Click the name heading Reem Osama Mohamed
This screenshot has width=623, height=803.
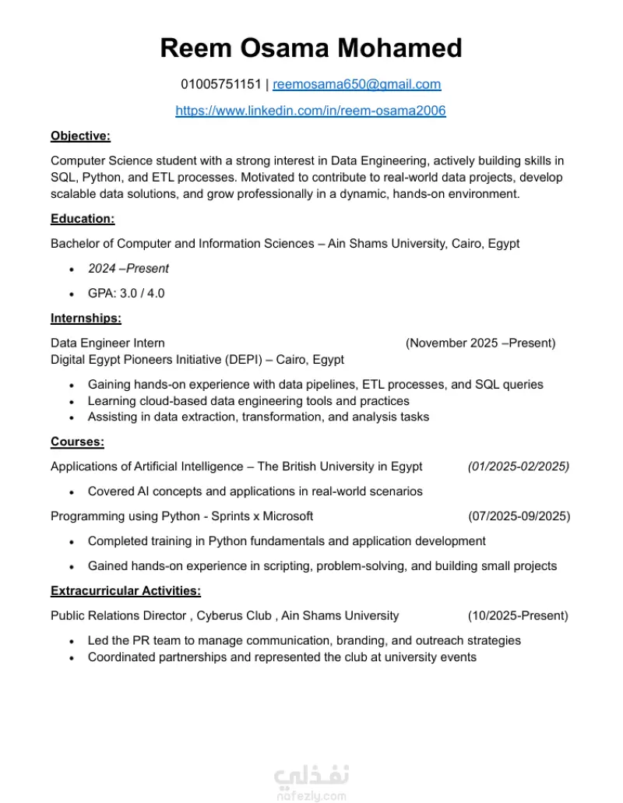[x=311, y=48]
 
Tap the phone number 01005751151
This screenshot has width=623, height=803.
[x=221, y=84]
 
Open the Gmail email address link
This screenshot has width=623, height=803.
[x=357, y=84]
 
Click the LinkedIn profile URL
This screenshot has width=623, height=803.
[x=311, y=111]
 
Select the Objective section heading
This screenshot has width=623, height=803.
[x=80, y=136]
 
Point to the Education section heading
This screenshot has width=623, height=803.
[x=83, y=219]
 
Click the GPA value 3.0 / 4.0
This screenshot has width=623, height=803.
[x=126, y=294]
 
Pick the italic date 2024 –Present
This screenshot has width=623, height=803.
[x=128, y=269]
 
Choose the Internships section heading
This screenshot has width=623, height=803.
[x=86, y=318]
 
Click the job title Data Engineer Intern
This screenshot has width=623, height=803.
[x=107, y=343]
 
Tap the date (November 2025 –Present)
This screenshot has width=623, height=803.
[x=480, y=343]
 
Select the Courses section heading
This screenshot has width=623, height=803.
[x=77, y=442]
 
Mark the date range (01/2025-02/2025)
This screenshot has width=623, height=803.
[x=519, y=467]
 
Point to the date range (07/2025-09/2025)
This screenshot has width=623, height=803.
[x=519, y=516]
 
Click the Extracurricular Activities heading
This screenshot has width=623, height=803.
[x=125, y=590]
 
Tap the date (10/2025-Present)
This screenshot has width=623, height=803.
[x=518, y=615]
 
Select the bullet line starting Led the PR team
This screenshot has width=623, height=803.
[x=304, y=640]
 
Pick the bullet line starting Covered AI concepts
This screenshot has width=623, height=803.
[x=255, y=491]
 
